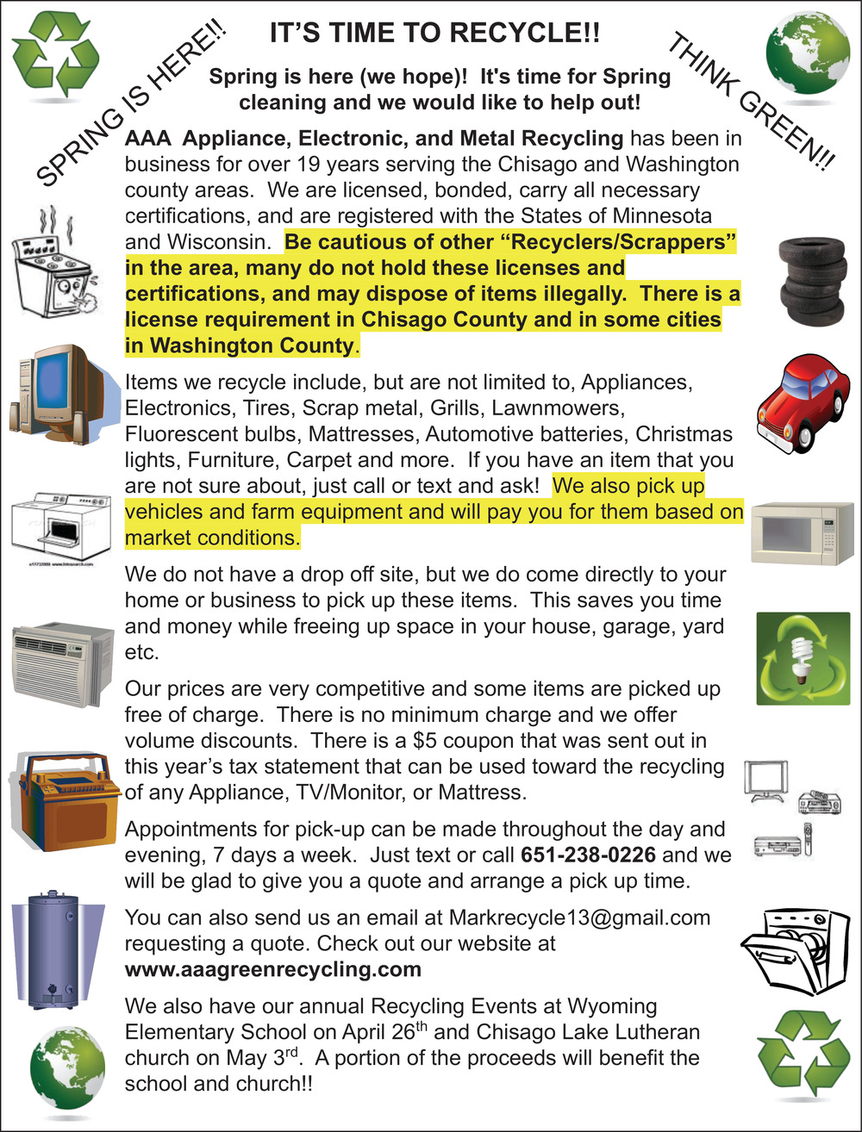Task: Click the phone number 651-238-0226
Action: tap(589, 855)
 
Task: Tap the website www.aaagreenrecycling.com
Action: tap(273, 969)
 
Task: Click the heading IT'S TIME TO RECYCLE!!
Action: tap(434, 34)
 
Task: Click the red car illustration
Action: tap(800, 401)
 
